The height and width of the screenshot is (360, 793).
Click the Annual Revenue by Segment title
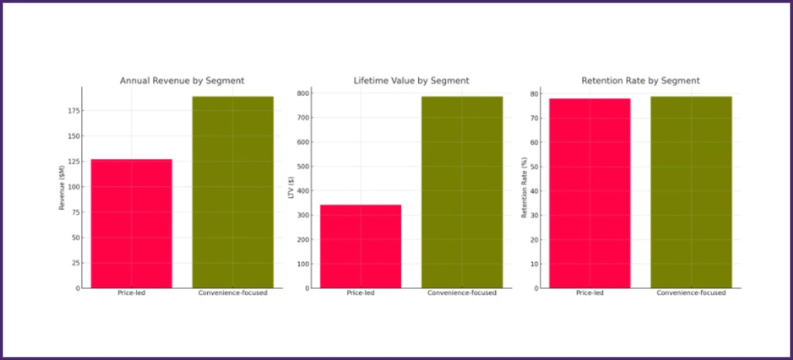pos(182,80)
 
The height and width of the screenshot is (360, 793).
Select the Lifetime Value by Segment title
pos(411,80)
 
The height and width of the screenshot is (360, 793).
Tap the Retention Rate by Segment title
pos(640,80)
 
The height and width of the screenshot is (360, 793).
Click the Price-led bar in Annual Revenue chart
pos(131,223)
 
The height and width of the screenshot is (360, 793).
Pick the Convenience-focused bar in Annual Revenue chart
pos(233,192)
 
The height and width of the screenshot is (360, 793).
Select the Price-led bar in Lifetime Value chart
pos(360,246)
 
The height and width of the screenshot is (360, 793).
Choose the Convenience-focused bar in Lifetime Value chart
pos(461,192)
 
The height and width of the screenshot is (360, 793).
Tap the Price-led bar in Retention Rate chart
pos(590,193)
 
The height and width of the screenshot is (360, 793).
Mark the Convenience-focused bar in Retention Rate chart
pos(691,192)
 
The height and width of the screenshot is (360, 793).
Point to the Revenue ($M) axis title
pos(63,188)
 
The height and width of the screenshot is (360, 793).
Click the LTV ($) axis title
pos(291,188)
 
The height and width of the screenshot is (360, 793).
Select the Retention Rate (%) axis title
pos(524,188)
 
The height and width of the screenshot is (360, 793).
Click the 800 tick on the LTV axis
pos(302,93)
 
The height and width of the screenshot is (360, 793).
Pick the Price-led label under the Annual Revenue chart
pos(131,294)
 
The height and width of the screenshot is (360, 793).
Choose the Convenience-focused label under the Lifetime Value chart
pos(461,294)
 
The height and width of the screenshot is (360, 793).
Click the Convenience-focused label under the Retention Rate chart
pos(691,294)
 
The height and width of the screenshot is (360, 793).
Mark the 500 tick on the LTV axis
pos(302,167)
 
